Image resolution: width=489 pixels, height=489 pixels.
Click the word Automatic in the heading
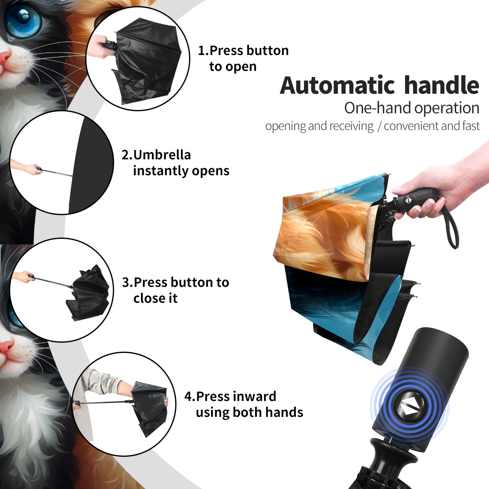[x=337, y=86]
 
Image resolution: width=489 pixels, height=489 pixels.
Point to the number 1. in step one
[x=203, y=51]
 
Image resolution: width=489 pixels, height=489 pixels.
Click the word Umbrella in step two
[x=162, y=155]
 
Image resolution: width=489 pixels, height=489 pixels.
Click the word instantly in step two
[x=161, y=171]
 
